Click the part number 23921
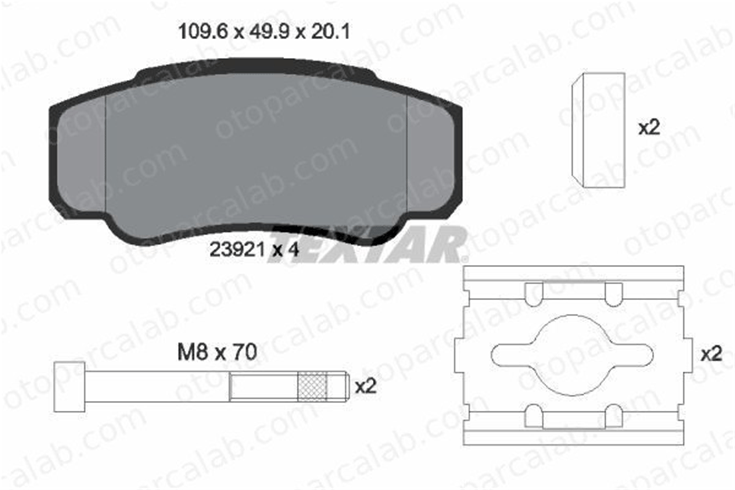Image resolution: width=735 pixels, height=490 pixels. point(237,250)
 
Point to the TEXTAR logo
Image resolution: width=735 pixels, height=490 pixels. point(367,245)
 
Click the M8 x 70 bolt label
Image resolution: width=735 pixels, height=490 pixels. point(217,352)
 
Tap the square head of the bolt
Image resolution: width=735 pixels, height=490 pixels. point(69,386)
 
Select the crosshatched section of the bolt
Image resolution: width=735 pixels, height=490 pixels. point(312,386)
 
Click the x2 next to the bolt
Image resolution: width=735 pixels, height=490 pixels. point(366,387)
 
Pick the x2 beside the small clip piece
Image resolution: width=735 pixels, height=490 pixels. point(649,128)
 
